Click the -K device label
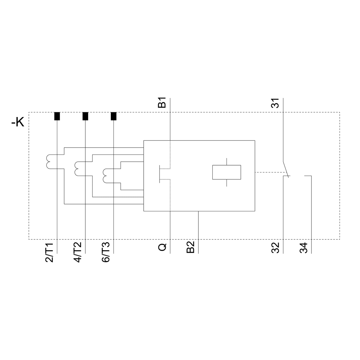coord(18,122)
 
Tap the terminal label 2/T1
coord(50,253)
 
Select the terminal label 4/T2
coord(78,253)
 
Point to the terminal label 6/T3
coord(106,253)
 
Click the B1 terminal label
coord(162,103)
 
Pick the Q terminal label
coord(162,247)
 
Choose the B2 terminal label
coord(190,247)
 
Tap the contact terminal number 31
coord(275,103)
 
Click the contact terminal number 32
coord(275,248)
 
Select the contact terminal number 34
coord(303,248)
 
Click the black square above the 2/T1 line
coord(57,116)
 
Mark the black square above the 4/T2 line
coord(85,116)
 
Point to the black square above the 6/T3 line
coord(114,116)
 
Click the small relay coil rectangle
coord(226,172)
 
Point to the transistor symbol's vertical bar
coord(159,174)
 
